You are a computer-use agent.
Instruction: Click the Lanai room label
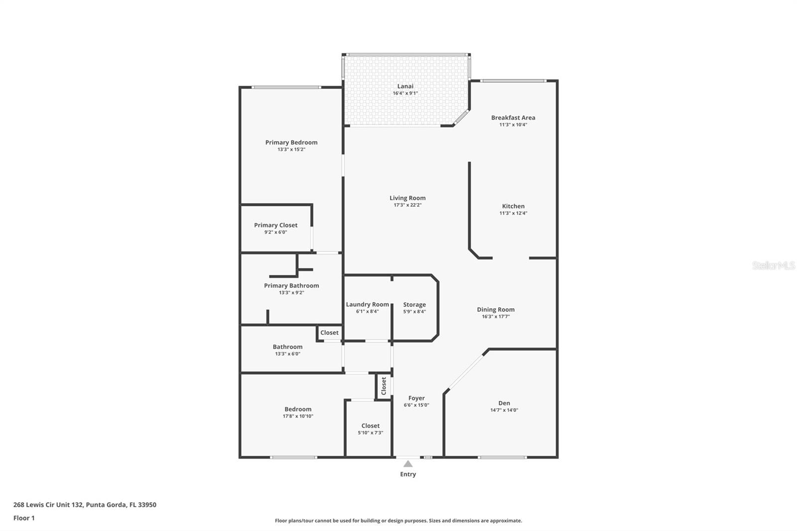(405, 86)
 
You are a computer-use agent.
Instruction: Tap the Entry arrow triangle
(408, 464)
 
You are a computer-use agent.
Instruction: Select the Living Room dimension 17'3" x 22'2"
(407, 205)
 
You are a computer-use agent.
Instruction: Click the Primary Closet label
(275, 225)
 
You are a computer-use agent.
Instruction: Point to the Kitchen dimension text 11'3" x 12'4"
(513, 213)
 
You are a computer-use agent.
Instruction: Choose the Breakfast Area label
(513, 118)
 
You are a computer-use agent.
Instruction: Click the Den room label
(504, 403)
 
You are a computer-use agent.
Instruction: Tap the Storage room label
(414, 304)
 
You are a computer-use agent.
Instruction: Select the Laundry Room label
(367, 304)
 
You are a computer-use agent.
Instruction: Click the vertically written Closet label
(384, 386)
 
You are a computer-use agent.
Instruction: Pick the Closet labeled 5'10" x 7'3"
(370, 426)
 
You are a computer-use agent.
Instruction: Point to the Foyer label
(416, 398)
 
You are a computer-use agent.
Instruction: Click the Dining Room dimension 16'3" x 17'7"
(496, 316)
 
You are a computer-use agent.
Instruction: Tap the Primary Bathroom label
(291, 285)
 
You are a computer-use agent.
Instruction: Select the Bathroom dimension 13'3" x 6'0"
(287, 354)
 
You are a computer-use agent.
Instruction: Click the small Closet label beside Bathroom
(329, 333)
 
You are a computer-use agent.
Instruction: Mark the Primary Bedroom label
(291, 142)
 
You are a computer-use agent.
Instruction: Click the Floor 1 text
(24, 518)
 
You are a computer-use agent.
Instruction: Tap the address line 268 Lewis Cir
(85, 505)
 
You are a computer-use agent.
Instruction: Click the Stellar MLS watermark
(773, 265)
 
